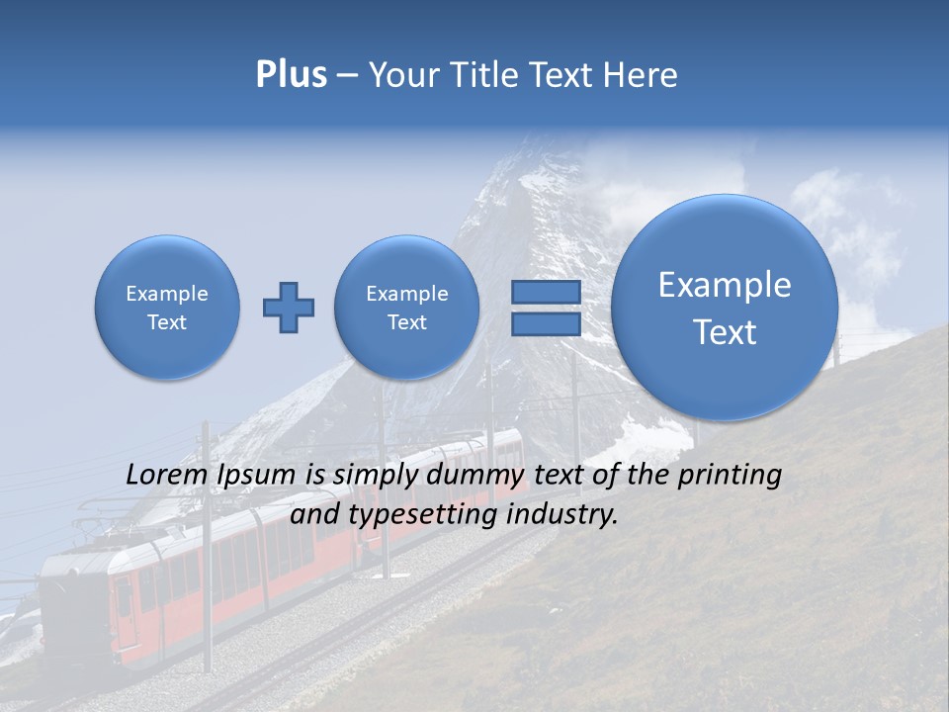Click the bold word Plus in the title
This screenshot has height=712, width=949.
coord(291,75)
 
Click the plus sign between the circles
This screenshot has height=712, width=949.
coord(289,308)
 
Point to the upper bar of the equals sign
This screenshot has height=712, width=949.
coord(545,292)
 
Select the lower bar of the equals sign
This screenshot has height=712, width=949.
coord(545,324)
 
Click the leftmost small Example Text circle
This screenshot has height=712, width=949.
coord(167,308)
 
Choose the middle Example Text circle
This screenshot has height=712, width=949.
coord(406,308)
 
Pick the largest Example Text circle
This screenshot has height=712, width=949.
coord(725,308)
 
